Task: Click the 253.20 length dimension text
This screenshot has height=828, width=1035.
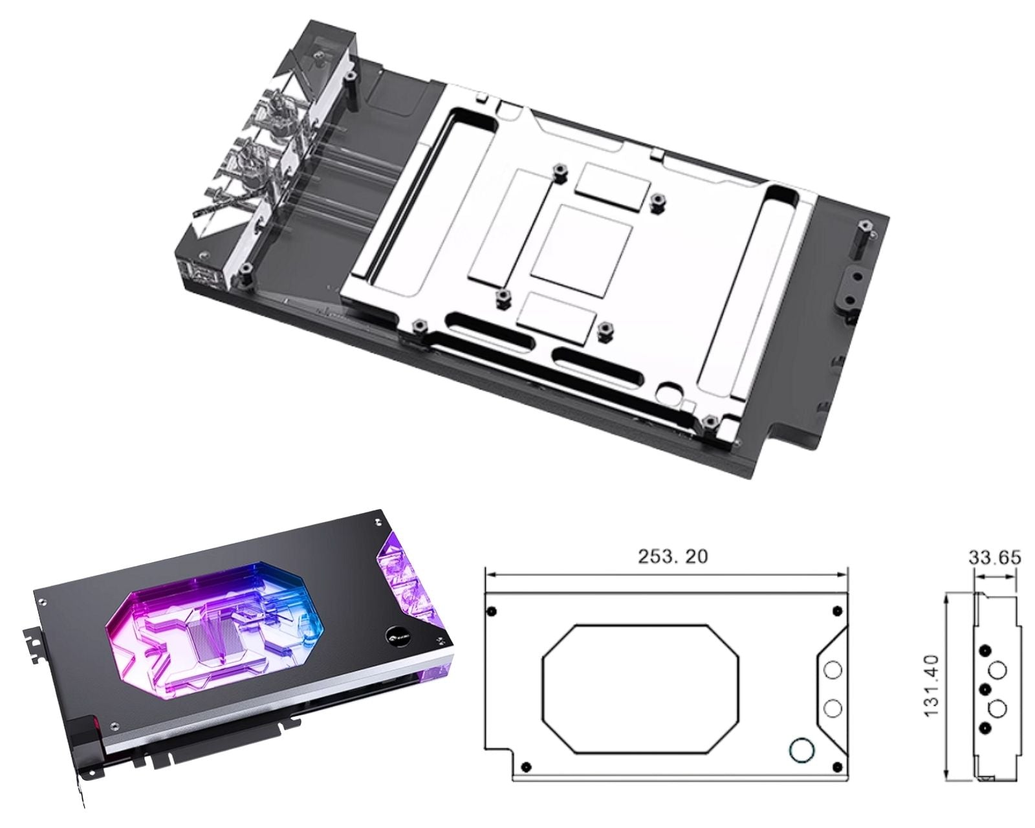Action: tap(673, 556)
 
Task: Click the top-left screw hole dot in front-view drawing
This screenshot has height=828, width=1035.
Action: tap(492, 611)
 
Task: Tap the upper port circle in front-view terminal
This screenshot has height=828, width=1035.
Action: tap(833, 670)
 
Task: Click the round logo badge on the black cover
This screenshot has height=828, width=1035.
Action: tap(395, 635)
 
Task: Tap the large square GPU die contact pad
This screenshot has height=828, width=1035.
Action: tap(582, 251)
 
